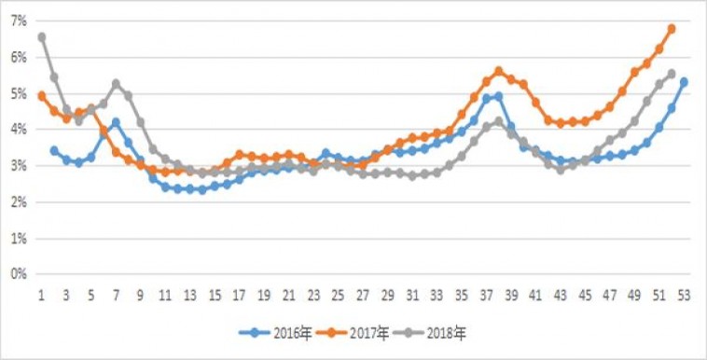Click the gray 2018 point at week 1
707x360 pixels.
coord(42,37)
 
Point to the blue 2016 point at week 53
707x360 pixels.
coord(684,82)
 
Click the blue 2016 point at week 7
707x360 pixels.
coord(116,122)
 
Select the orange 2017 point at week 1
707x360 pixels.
coord(42,95)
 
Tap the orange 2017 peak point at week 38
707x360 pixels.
coord(499,71)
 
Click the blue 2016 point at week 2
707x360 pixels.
coord(54,150)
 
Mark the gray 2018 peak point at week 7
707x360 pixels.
coord(116,83)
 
